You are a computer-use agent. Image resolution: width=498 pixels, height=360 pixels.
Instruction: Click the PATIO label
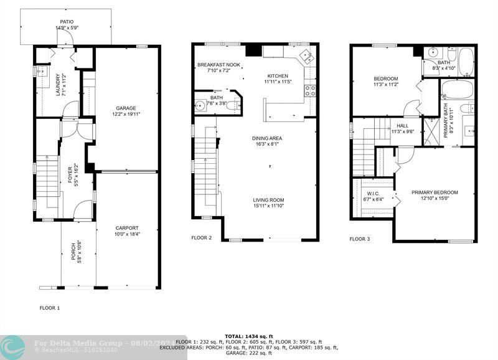coord(66,22)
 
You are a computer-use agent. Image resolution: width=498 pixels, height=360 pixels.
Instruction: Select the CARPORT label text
coord(126,228)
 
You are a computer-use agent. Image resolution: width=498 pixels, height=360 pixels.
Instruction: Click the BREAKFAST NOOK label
coord(218,65)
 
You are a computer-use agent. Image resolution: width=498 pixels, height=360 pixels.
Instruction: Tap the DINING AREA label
coord(267,138)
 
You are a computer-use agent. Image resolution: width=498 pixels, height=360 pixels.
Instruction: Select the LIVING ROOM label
coord(269,200)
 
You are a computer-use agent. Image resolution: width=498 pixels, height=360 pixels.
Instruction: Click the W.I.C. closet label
coord(374,193)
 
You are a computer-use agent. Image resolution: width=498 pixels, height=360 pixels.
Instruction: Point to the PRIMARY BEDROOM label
coord(435,192)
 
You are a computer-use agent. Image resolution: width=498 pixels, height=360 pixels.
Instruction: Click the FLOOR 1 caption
coord(50,308)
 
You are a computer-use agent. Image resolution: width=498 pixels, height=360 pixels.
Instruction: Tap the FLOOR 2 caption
coord(202,237)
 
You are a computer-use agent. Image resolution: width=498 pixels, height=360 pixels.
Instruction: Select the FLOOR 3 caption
coord(360,239)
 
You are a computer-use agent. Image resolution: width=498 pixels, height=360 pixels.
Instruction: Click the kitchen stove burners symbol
coord(309,91)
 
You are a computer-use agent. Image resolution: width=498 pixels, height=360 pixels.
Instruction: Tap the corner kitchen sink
coord(306,57)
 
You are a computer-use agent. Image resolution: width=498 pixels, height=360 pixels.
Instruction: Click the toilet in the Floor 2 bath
coord(230,106)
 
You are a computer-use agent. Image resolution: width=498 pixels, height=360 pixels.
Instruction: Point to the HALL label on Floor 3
coord(403,125)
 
